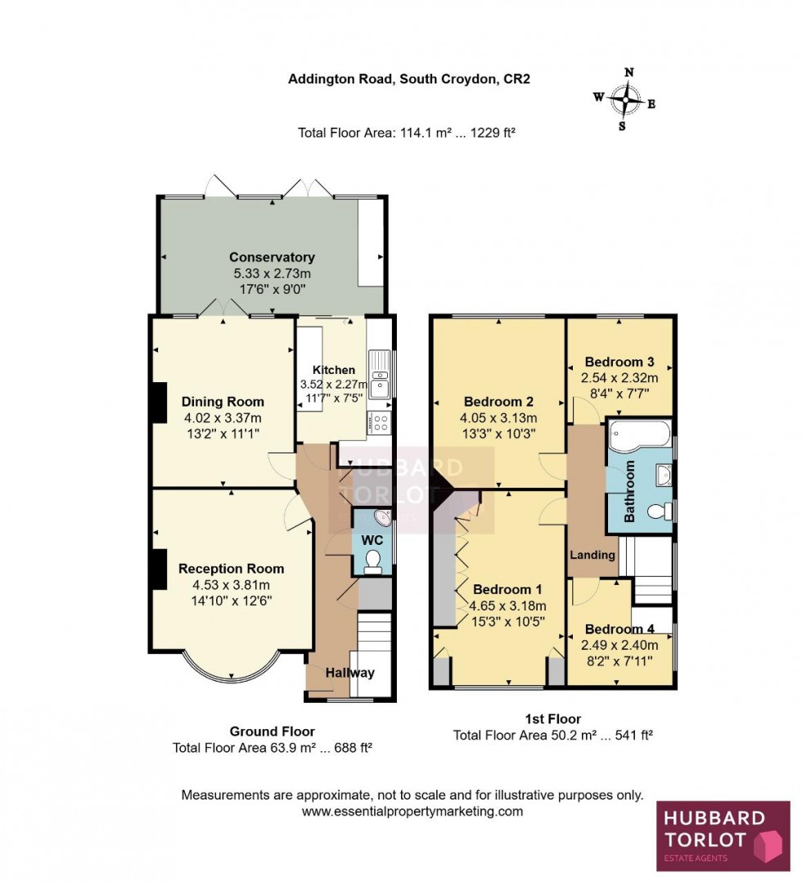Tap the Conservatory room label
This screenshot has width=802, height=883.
click(272, 257)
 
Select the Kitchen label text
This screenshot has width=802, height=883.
click(333, 370)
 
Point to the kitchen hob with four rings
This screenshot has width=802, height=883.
click(381, 423)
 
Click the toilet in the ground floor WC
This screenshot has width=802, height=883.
click(373, 559)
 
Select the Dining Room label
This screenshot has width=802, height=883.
click(223, 401)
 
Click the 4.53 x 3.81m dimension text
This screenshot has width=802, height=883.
click(231, 584)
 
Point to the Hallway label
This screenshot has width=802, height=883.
click(349, 673)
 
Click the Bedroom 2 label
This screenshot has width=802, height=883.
click(498, 401)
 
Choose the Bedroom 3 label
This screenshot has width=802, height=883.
click(620, 362)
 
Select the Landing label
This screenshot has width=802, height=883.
click(592, 555)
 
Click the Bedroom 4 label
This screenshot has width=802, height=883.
click(620, 628)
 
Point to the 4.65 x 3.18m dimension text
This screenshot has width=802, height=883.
click(507, 606)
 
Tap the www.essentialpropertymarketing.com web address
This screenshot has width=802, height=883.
click(412, 812)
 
